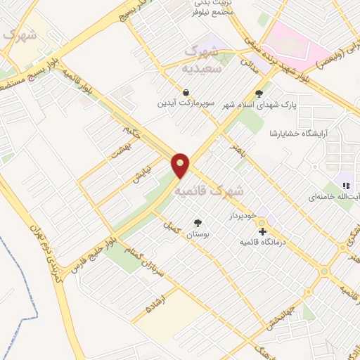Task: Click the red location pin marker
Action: click(181, 165)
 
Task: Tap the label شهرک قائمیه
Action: click(209, 190)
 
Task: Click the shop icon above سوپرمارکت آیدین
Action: click(186, 92)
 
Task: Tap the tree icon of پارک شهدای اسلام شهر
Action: click(259, 92)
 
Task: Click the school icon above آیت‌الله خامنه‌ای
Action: click(345, 186)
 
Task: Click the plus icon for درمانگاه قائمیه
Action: click(262, 231)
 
